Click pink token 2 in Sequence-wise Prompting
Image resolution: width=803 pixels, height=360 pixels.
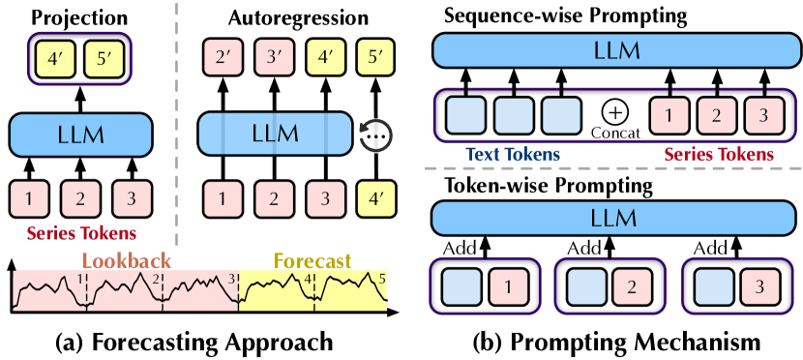click(x=714, y=115)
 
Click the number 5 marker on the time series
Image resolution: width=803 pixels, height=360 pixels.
click(x=381, y=279)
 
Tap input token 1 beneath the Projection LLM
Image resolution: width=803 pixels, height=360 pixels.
click(x=33, y=198)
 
